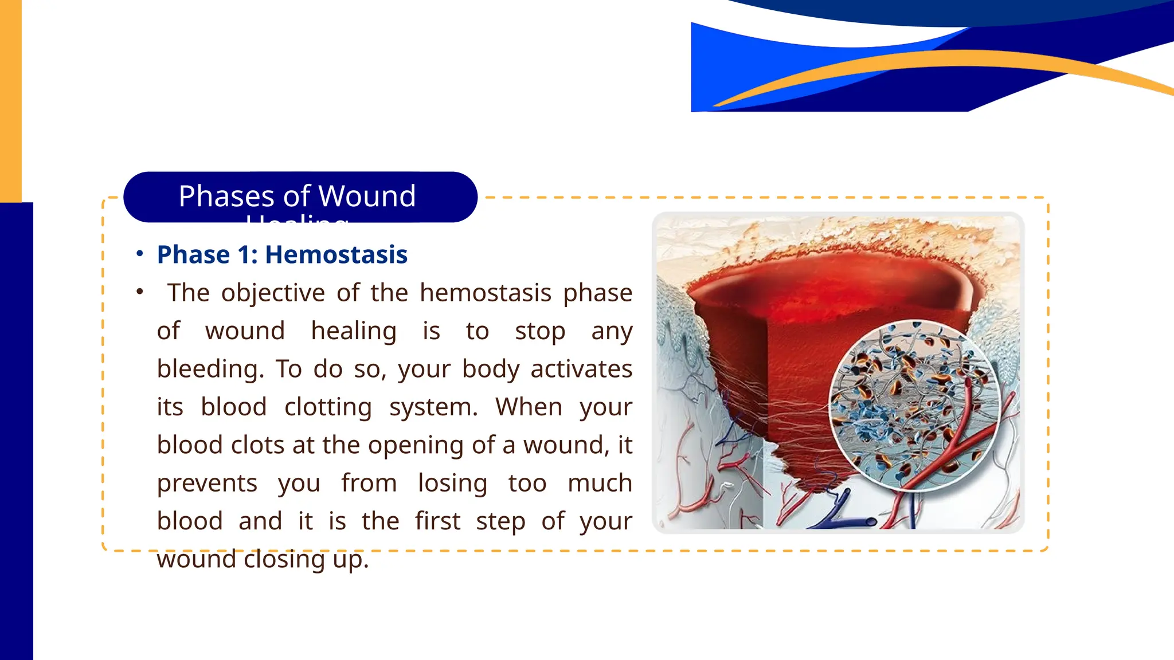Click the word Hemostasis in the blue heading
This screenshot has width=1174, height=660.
tap(336, 254)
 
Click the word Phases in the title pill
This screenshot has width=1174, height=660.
tap(226, 196)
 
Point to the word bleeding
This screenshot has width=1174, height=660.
tap(210, 369)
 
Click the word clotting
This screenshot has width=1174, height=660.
tap(328, 407)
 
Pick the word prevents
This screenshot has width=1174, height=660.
tap(207, 483)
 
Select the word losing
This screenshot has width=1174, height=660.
tap(452, 483)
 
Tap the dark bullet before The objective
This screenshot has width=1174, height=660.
tap(139, 292)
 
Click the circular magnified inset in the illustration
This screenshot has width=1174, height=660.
tap(914, 405)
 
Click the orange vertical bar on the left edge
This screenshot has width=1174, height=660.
tap(10, 100)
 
